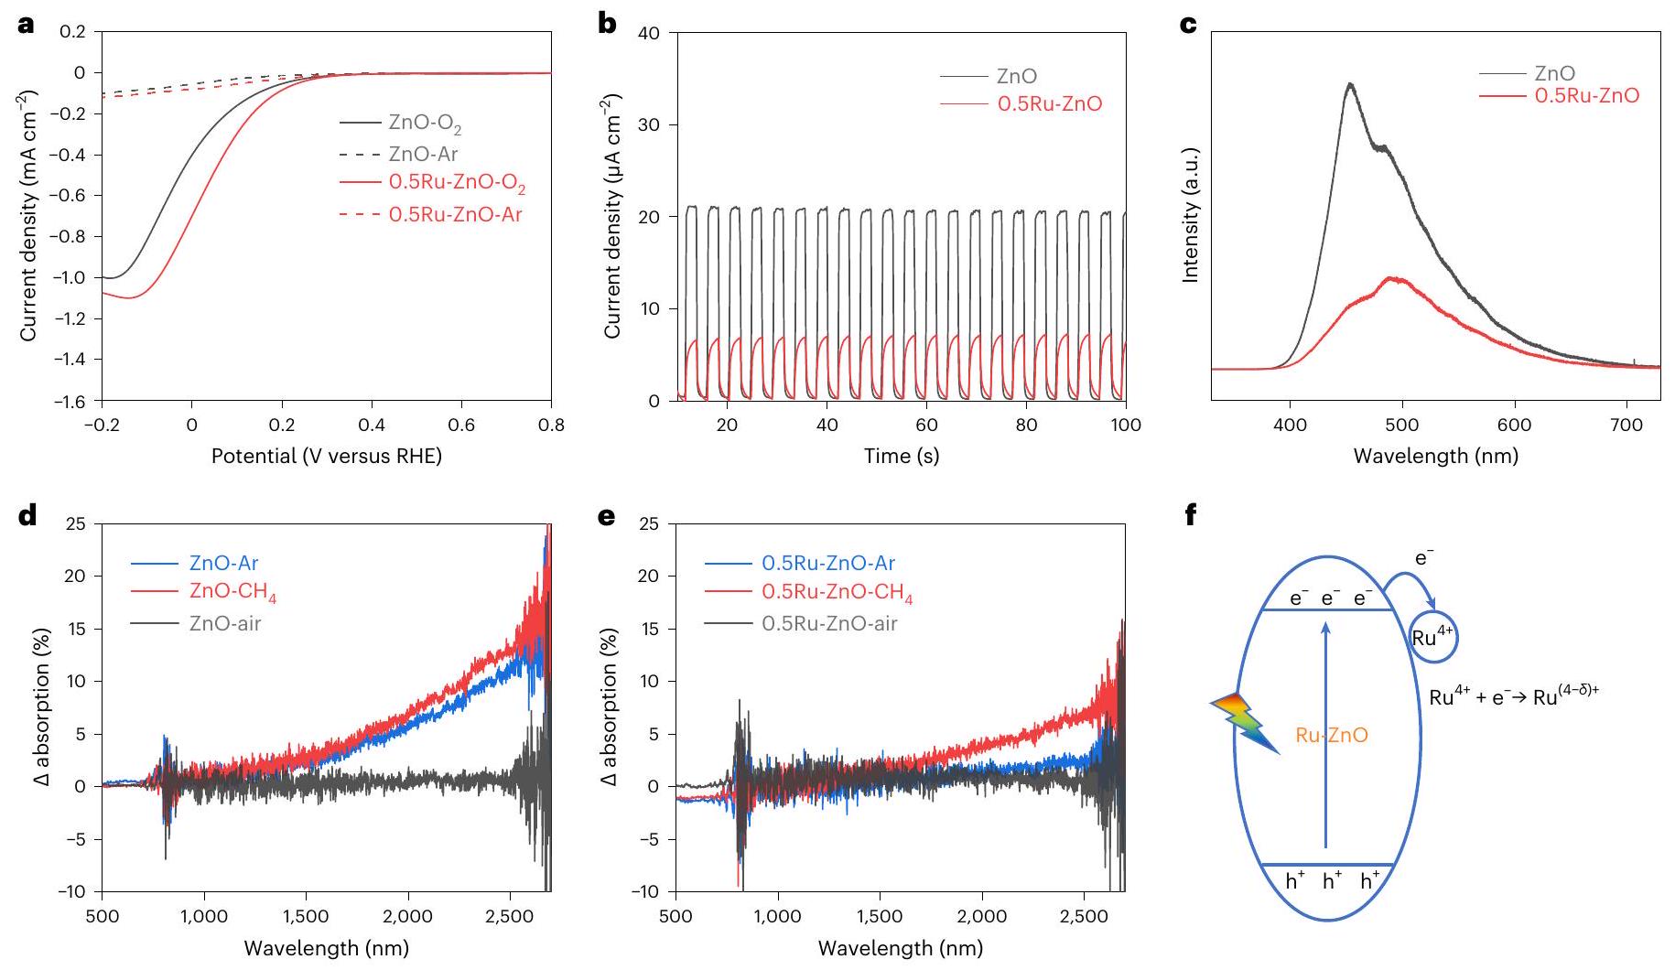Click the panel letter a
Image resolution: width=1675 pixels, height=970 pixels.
coord(27,25)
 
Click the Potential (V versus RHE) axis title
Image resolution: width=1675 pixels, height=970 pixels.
coord(326,456)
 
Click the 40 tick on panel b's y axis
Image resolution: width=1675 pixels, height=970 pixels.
coord(649,34)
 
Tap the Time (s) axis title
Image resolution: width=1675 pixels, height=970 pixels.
coord(901,456)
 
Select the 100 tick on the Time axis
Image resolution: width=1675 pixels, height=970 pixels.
coord(1126,425)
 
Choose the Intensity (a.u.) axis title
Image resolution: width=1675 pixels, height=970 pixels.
coord(1191,215)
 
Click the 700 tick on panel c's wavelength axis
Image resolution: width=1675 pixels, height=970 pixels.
coord(1626,425)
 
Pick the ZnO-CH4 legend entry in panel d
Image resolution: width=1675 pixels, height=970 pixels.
coord(232,593)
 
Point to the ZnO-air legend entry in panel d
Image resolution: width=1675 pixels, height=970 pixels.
coord(224,623)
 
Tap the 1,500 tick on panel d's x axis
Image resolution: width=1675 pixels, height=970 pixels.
coord(306,916)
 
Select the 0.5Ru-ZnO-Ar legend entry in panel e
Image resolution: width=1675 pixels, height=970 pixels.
coord(827,563)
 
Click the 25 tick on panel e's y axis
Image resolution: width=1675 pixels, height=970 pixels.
coord(649,524)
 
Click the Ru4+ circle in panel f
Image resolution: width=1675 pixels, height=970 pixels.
coord(1432,638)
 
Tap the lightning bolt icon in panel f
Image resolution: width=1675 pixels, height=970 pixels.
coord(1245,723)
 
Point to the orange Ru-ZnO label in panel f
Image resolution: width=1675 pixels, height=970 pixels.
coord(1332,735)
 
